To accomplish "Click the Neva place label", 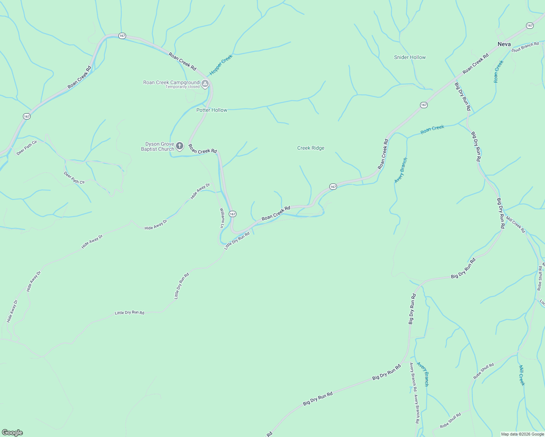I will pyautogui.click(x=504, y=44).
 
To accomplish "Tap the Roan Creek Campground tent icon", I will pyautogui.click(x=205, y=84).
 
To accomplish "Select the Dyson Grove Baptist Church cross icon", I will pyautogui.click(x=179, y=146).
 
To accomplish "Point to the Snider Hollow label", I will pyautogui.click(x=410, y=57).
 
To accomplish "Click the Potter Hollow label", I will pyautogui.click(x=212, y=110).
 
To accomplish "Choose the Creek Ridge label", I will pyautogui.click(x=311, y=148).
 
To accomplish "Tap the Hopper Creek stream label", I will pyautogui.click(x=221, y=65).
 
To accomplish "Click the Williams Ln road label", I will pyautogui.click(x=221, y=218).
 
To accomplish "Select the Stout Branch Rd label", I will pyautogui.click(x=525, y=47).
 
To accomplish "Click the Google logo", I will pyautogui.click(x=12, y=433).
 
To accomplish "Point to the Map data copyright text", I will pyautogui.click(x=522, y=434).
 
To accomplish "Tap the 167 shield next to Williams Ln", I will pyautogui.click(x=232, y=214).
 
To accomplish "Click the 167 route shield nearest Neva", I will pyautogui.click(x=530, y=25).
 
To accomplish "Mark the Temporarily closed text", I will pyautogui.click(x=183, y=87).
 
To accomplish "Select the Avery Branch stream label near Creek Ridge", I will pyautogui.click(x=401, y=170).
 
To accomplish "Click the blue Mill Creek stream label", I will pyautogui.click(x=522, y=375).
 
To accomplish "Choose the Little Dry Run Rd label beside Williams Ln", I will pyautogui.click(x=237, y=241).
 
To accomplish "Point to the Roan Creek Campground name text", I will pyautogui.click(x=171, y=82).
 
